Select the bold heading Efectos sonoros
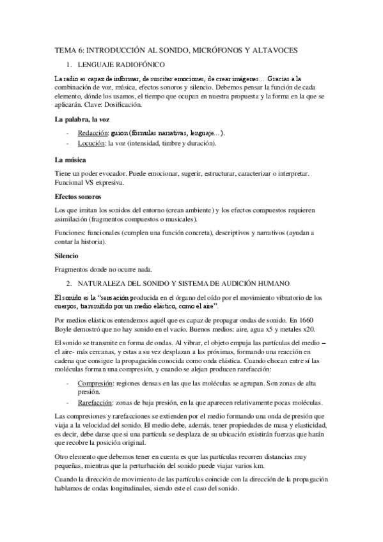[79, 197]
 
